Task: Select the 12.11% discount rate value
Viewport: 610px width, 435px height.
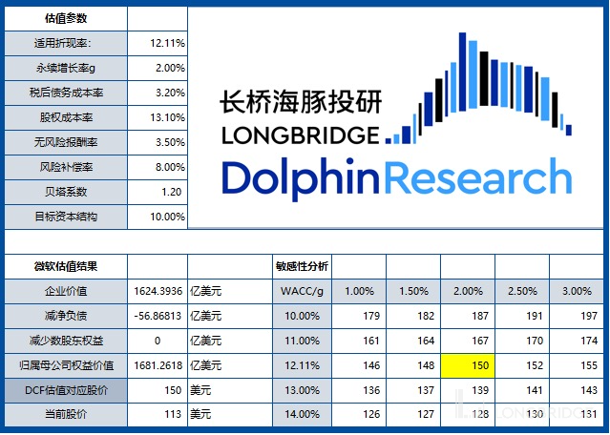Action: click(168, 43)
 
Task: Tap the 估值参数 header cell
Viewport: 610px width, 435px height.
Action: click(64, 18)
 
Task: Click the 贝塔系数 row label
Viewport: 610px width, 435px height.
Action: click(65, 192)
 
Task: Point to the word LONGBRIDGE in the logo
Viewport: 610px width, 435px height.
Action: click(300, 135)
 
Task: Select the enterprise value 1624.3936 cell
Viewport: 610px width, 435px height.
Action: click(157, 290)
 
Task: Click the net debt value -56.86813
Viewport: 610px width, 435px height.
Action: click(157, 315)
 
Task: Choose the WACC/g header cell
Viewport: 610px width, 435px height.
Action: click(302, 290)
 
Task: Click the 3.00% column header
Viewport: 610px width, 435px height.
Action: click(577, 290)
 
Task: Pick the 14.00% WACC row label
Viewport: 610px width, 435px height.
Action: click(302, 414)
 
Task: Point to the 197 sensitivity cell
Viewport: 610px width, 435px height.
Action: click(577, 315)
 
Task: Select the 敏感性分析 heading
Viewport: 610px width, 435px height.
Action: click(302, 265)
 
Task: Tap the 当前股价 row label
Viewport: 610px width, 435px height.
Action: click(64, 414)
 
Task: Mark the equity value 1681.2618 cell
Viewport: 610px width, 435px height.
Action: click(157, 364)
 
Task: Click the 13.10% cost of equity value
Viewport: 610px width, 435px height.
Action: click(168, 117)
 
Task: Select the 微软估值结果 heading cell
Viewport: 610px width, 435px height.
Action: click(64, 265)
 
